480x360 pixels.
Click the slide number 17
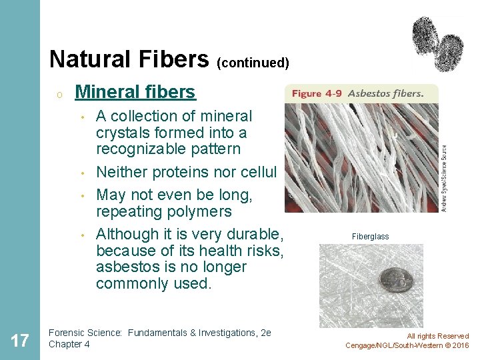click(x=20, y=341)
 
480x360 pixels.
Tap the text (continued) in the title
click(x=253, y=63)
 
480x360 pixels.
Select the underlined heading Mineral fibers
click(x=135, y=92)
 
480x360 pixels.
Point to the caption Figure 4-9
click(x=316, y=94)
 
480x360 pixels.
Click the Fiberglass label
click(x=371, y=237)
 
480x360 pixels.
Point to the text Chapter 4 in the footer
click(x=69, y=344)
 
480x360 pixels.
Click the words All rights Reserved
click(x=437, y=336)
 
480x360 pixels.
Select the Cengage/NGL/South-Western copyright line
click(x=407, y=345)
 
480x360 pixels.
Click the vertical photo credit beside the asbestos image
click(x=444, y=179)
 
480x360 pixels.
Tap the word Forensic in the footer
click(x=66, y=333)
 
